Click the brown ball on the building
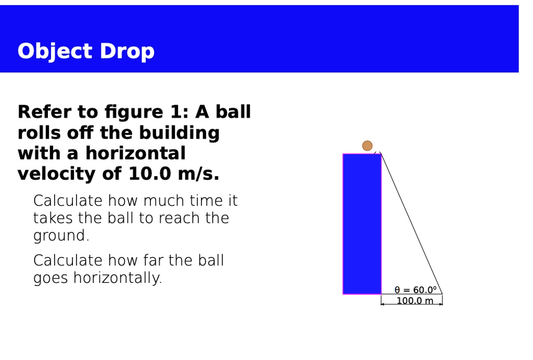point(367,145)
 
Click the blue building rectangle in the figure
point(362,224)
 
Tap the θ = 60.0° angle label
point(415,290)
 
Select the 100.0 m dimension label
point(414,301)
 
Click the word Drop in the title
point(127,52)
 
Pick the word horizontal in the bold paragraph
point(135,153)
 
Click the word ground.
point(60,235)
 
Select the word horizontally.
point(117,278)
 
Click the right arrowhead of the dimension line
point(441,304)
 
